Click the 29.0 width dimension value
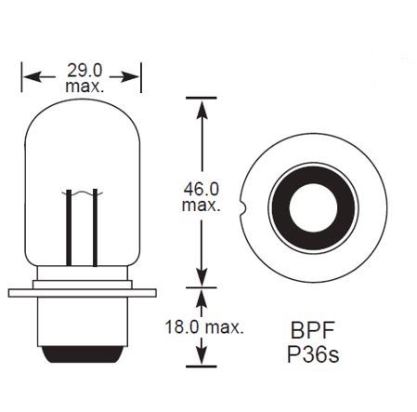(x=83, y=69)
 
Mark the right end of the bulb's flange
(x=151, y=293)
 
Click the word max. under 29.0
(x=83, y=86)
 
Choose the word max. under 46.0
(x=202, y=206)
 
